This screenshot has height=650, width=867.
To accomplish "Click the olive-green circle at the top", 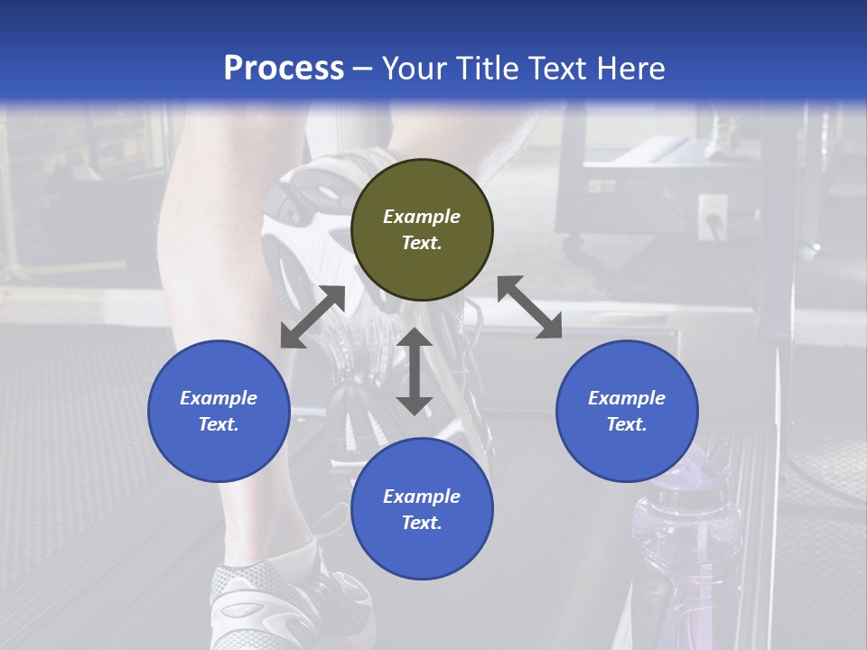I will tap(422, 229).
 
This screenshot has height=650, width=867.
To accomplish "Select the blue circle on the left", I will tap(219, 411).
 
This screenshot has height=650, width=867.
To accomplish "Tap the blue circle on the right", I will tap(627, 411).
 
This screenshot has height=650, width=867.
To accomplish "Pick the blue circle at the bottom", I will tap(422, 509).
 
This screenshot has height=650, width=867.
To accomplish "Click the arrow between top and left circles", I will tap(312, 317).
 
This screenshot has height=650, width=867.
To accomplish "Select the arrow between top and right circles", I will tap(529, 307).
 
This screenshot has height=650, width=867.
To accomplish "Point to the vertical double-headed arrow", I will tap(415, 371).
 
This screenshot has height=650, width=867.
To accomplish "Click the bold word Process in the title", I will tap(284, 69).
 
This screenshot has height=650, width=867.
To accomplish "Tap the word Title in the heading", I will tap(486, 69).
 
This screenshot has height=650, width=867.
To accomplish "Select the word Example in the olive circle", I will tap(422, 217).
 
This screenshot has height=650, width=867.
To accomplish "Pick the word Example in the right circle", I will tap(627, 398).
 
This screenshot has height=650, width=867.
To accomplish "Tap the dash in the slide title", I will tap(362, 69).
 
